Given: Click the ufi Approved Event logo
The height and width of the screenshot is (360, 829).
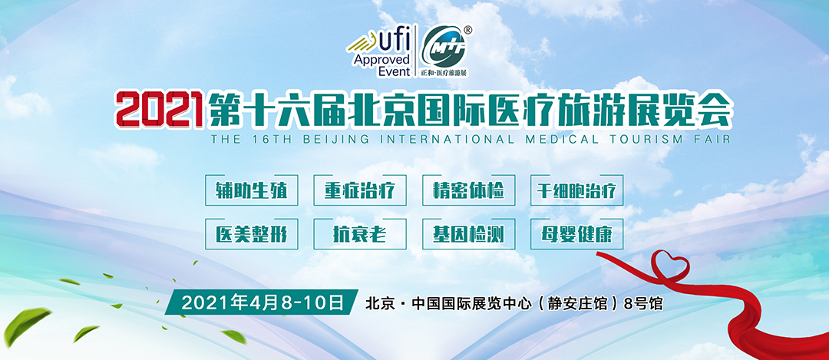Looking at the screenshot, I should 381,52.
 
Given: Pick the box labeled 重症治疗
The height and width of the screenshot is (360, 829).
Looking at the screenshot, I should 359,191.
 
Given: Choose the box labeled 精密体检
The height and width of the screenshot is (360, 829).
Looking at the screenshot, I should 467,191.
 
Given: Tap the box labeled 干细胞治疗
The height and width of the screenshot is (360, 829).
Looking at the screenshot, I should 576,191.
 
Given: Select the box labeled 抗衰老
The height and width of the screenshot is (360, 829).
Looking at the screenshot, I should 359,234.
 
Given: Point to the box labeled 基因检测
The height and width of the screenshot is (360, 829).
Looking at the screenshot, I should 467,234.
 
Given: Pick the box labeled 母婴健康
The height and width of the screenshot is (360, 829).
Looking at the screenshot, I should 576,234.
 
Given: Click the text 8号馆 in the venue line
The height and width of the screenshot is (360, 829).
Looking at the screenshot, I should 644,302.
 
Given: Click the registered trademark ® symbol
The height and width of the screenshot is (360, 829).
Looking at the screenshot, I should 468,30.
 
